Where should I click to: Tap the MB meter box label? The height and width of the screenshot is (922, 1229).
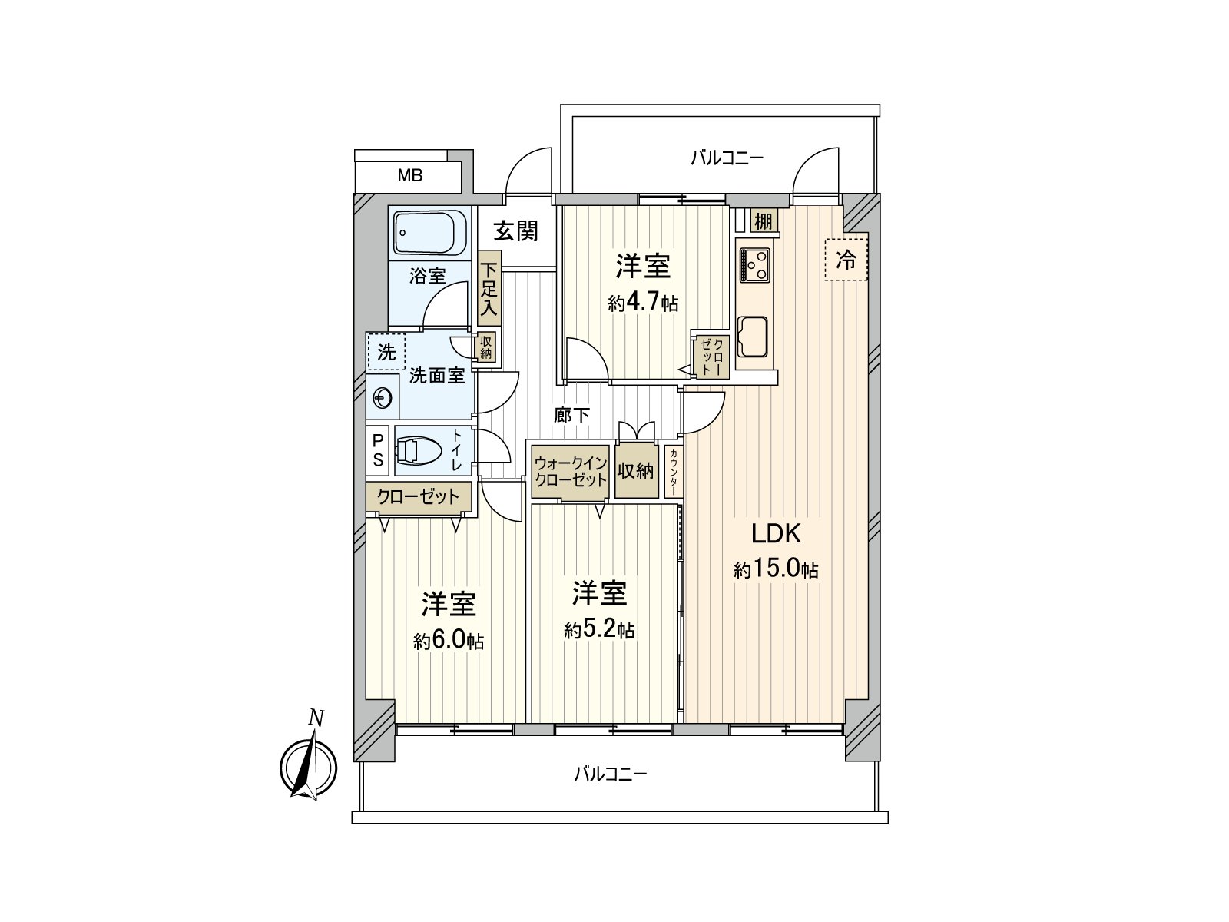tap(409, 176)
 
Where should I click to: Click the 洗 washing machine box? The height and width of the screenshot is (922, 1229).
tap(386, 352)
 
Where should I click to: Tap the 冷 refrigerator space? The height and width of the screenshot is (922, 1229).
tap(846, 260)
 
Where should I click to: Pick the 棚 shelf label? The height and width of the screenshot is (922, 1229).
tap(763, 222)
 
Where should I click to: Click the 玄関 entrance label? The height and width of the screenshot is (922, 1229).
tap(515, 230)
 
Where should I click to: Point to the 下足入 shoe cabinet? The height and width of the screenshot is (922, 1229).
tap(489, 289)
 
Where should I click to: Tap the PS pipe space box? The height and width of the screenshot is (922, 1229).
tap(378, 451)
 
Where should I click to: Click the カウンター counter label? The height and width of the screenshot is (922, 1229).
tap(674, 472)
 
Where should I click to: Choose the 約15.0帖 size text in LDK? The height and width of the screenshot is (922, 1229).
tap(776, 570)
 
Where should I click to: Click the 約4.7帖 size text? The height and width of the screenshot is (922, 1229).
tap(643, 303)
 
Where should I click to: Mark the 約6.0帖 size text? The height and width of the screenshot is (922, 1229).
tap(449, 642)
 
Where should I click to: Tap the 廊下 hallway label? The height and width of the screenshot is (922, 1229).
tap(572, 416)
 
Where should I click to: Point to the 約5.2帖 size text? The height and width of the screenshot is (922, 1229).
tap(599, 631)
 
